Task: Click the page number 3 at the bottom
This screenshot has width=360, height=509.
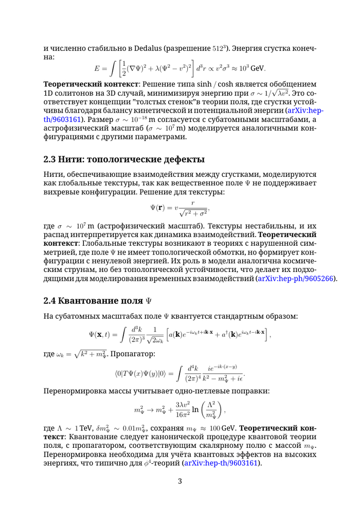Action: (x=180, y=481)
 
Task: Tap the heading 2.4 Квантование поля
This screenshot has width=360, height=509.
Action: (x=98, y=299)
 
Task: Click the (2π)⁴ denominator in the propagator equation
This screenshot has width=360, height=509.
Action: (x=192, y=380)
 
